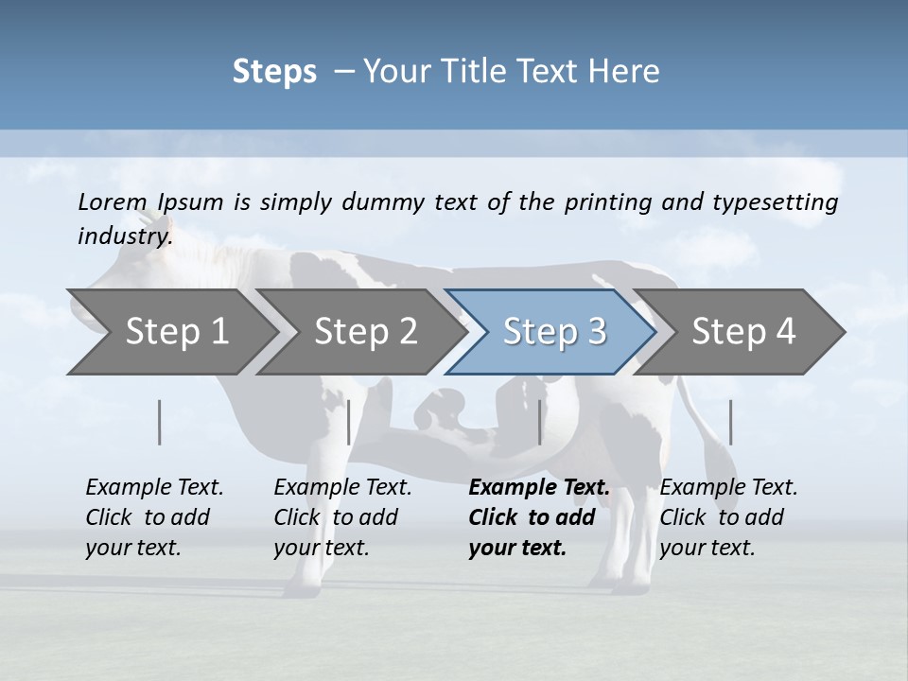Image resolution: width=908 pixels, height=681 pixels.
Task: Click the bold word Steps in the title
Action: pos(274,72)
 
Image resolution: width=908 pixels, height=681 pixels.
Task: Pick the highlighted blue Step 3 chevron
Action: pos(554,331)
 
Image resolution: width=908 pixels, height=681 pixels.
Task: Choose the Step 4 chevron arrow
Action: pos(743,331)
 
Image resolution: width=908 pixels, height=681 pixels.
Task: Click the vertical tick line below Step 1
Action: pos(160,422)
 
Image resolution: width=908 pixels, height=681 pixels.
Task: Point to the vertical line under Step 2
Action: pos(349,422)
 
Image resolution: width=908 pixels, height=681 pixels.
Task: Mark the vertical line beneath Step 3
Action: pos(540,422)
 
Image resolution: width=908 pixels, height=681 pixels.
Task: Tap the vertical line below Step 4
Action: pos(731,422)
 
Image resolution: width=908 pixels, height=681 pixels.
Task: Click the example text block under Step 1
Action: pos(154,517)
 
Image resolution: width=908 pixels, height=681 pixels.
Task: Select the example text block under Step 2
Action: pos(342,517)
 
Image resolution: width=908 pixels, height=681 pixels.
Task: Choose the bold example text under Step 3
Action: pos(539,517)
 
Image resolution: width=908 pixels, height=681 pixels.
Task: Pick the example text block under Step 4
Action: pos(728,517)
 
